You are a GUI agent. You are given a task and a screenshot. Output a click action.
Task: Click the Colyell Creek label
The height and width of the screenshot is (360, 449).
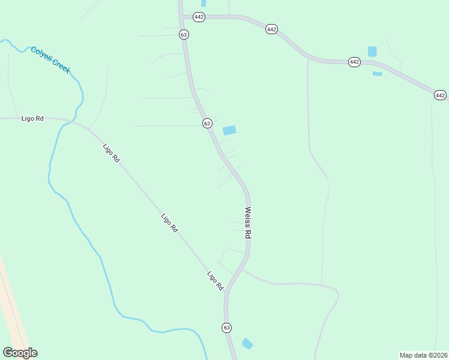coord(50,60)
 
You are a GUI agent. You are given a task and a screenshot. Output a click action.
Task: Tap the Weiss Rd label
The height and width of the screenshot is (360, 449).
coord(247,223)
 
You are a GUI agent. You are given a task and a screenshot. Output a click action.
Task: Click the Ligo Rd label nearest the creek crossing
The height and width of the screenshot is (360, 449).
coord(111,154)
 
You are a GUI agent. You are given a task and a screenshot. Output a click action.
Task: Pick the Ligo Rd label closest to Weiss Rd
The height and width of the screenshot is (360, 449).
coord(215,281)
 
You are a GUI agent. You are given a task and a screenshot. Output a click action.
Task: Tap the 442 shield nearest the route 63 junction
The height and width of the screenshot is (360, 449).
coord(199,17)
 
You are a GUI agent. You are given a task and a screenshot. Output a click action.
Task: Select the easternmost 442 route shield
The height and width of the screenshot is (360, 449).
coord(440,95)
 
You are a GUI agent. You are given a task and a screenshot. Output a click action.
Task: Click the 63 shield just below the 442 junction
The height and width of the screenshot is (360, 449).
coord(184,35)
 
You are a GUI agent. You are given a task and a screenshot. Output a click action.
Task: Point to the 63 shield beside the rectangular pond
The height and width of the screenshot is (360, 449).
coord(206,123)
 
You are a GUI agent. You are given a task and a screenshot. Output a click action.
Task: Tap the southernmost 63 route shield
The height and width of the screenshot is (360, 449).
coord(226,328)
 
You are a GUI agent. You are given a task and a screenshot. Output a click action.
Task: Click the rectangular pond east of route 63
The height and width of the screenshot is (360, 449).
coord(229,130)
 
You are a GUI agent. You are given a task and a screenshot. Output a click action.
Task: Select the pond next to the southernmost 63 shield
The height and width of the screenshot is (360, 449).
coord(247,344)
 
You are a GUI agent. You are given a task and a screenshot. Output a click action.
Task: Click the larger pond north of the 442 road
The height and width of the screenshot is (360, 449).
coord(372,52)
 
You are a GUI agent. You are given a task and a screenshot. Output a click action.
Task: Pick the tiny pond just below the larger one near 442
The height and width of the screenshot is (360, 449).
coord(377,74)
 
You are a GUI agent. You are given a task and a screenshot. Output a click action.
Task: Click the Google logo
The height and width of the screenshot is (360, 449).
coord(20,353)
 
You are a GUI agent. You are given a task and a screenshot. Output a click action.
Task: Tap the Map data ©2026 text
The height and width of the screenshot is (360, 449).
coord(423,355)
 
